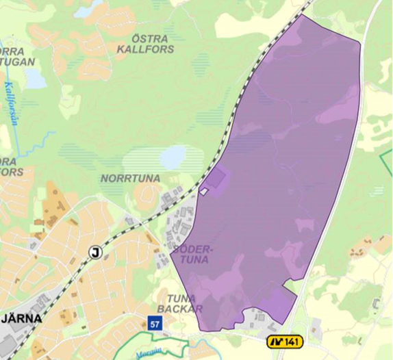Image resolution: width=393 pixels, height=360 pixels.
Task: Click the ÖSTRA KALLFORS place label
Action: tap(144, 42)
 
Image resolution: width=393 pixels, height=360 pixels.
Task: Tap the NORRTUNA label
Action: tap(130, 179)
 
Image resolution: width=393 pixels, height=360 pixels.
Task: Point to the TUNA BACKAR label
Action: tap(179, 303)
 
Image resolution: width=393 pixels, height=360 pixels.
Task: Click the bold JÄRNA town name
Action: tap(22, 318)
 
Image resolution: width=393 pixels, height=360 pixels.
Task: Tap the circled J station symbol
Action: tap(95, 252)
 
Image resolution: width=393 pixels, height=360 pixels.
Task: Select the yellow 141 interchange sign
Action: tap(285, 342)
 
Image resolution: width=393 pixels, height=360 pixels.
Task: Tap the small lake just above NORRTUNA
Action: tap(173, 157)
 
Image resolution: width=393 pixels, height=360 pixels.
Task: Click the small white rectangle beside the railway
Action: tap(204, 192)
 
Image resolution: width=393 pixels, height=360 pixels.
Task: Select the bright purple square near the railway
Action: tap(216, 180)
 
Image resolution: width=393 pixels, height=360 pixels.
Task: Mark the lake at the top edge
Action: tap(87, 9)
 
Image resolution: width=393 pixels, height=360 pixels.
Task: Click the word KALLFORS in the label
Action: tap(144, 49)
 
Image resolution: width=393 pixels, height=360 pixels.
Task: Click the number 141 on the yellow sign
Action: tap(292, 342)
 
